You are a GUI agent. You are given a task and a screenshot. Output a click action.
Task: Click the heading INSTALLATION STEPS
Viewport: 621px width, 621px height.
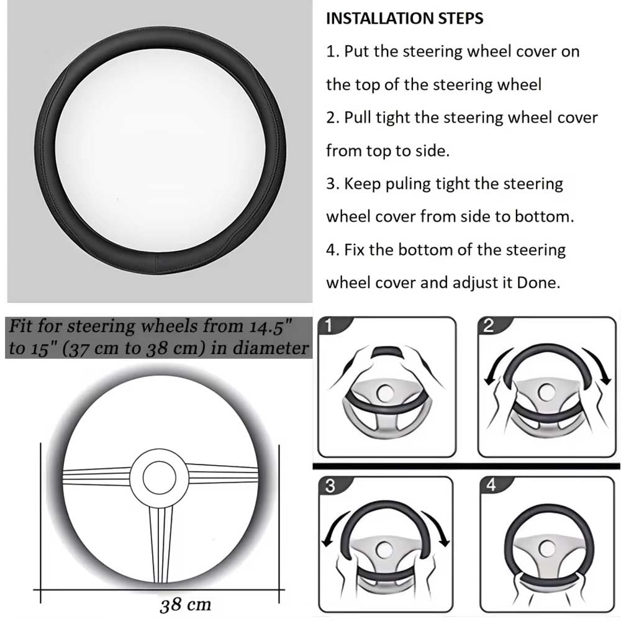coord(404,18)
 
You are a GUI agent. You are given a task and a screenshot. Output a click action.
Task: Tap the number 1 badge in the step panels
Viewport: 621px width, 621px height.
coord(329,325)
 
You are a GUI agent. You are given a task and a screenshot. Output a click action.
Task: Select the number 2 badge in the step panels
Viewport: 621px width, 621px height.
coord(488,325)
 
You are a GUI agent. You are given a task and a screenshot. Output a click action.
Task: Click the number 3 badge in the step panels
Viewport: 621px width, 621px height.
coord(330,486)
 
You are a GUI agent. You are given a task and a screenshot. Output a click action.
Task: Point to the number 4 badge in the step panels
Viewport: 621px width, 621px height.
coord(491,485)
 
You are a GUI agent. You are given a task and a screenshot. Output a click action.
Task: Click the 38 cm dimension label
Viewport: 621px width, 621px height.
coord(185,605)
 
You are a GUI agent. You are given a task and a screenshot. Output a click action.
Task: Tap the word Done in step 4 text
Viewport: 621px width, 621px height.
coord(538,283)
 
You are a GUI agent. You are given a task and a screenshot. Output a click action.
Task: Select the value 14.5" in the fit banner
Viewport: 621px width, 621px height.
coord(271,327)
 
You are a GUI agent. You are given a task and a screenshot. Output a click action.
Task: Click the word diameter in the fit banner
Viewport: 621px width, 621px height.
coord(271,348)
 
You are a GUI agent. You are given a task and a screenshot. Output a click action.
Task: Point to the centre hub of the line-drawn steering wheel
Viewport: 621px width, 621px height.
coord(159,477)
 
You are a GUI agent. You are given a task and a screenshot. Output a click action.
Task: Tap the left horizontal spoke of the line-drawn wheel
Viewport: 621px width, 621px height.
coord(97,476)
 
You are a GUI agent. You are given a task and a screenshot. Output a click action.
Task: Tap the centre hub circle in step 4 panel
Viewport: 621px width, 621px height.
coord(547,549)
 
